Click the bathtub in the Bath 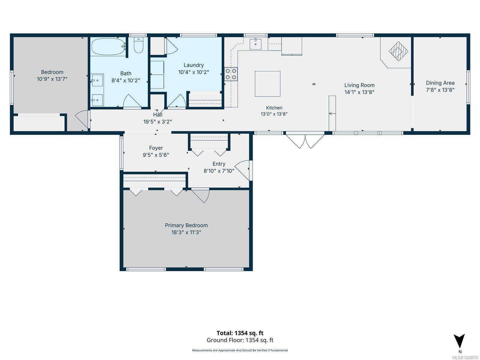[x=108, y=47]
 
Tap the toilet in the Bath [x=138, y=45]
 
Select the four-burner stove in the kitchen [x=231, y=74]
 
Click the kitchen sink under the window [x=255, y=44]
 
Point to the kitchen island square [x=267, y=84]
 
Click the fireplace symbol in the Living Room [x=398, y=51]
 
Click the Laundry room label [x=193, y=65]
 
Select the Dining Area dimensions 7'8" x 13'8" [x=440, y=90]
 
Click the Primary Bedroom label [x=186, y=225]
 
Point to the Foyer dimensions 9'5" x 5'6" [x=156, y=155]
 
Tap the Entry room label [x=219, y=164]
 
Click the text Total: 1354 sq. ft [x=240, y=333]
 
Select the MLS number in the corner [x=465, y=358]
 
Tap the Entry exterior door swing [x=243, y=170]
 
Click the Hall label [x=158, y=115]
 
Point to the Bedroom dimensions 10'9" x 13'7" [x=52, y=79]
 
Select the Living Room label [x=359, y=85]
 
